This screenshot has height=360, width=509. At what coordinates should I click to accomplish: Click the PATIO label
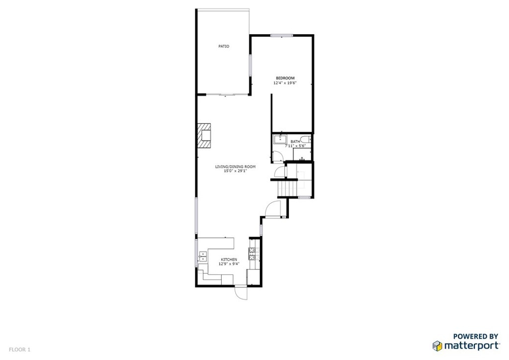coord(224,46)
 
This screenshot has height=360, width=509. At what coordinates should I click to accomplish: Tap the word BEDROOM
coord(285,78)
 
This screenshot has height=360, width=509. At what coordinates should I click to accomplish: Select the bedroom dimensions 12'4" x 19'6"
coord(285,83)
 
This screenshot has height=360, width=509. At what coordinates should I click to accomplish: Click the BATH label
coord(295,142)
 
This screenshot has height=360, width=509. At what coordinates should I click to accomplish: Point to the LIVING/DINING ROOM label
coord(235,167)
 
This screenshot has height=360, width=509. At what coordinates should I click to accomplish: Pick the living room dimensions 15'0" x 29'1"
coord(235,171)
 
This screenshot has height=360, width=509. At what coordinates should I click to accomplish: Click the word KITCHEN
coord(229,260)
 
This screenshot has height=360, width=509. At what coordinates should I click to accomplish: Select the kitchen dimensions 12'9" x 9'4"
coord(229,264)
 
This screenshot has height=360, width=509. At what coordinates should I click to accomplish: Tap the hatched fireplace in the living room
coord(204,135)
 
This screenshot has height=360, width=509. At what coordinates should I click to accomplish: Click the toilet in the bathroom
coord(306,140)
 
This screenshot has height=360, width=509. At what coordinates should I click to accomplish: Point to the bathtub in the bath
coord(280,140)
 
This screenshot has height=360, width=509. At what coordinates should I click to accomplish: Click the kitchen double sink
coord(203,256)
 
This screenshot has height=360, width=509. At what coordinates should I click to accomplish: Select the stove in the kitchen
coord(252,254)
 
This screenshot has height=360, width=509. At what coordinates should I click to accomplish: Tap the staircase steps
coord(288,188)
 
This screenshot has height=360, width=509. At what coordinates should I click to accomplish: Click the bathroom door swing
coord(277,157)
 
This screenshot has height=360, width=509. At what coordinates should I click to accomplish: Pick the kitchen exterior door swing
coord(241,292)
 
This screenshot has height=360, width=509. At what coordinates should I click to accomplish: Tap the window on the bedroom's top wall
coord(282,35)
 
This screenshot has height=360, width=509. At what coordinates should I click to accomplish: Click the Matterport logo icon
coord(437,346)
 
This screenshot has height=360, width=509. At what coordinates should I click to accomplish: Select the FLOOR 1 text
coord(19,350)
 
